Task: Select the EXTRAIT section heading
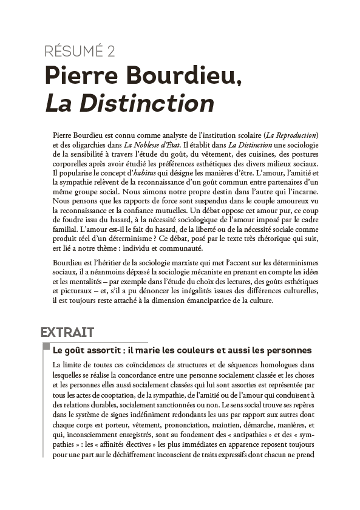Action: coord(67,332)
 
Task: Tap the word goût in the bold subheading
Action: coord(81,350)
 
